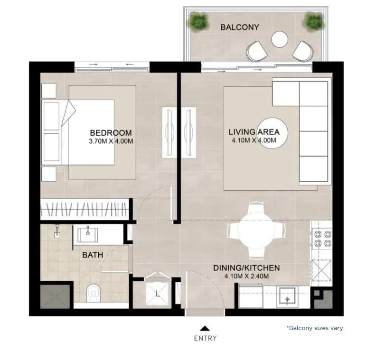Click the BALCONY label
point(240,27)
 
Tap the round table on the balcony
point(280,39)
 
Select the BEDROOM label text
point(111,133)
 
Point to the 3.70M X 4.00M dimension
point(111,141)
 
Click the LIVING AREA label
point(254,132)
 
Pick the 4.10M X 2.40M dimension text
point(246,276)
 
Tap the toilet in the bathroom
point(94,293)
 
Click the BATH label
point(93,255)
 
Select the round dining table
point(256,231)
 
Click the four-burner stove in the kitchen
point(322,239)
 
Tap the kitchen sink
point(287,296)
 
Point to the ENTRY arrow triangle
point(204,328)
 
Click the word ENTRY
point(205,338)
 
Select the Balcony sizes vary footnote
point(315,328)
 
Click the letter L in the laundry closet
point(158,293)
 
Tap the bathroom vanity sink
point(88,235)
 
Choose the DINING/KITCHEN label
point(246,268)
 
